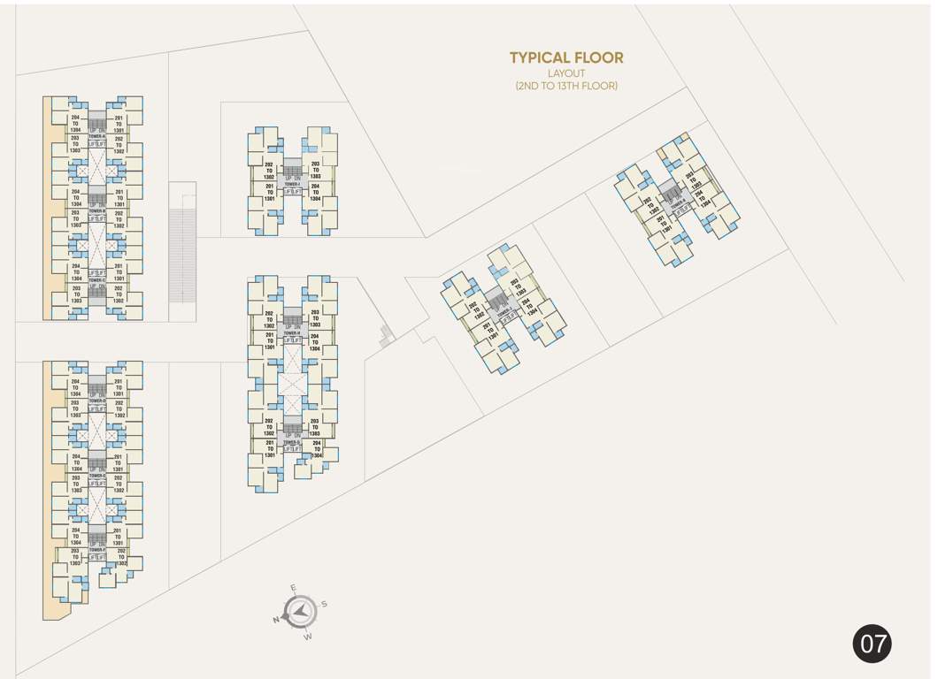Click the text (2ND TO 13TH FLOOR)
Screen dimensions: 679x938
coord(566,86)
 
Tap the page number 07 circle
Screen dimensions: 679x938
coord(873,644)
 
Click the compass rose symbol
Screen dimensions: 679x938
coord(301,609)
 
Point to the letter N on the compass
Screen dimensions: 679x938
coord(277,620)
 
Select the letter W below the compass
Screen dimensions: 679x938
coord(308,636)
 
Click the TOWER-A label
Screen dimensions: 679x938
coord(96,137)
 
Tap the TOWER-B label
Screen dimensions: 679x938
coord(96,211)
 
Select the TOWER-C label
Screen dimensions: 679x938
coord(96,281)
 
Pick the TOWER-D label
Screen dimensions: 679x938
coord(96,401)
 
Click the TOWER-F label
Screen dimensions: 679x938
coord(96,549)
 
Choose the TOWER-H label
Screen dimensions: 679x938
coord(292,332)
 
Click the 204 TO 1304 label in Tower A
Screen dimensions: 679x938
coord(76,123)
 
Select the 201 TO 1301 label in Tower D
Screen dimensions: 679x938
coord(118,388)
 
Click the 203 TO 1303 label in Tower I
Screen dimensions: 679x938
coord(315,170)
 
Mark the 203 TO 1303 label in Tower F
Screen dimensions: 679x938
coord(75,557)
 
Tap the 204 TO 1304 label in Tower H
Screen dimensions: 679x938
coord(315,342)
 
